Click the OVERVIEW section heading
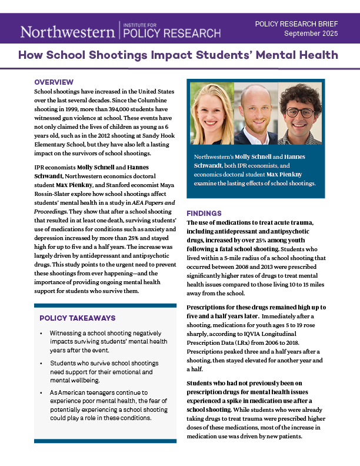[54, 82]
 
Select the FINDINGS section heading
[204, 213]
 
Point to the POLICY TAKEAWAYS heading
[77, 318]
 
